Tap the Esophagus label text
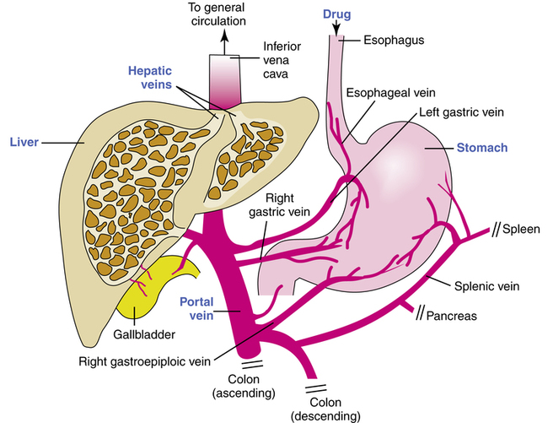click(395, 39)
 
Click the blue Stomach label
click(481, 148)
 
